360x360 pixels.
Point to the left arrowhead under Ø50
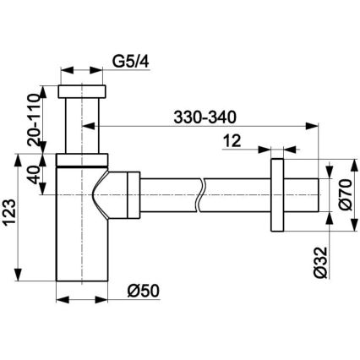(62, 298)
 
